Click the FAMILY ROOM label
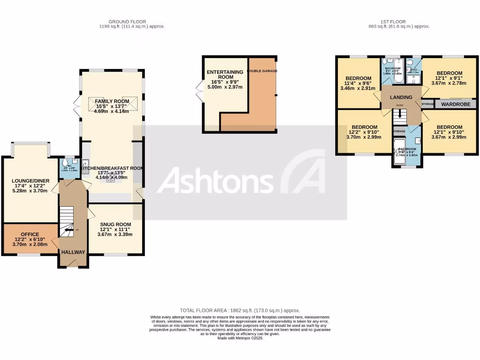click(x=112, y=101)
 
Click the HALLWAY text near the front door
click(x=73, y=252)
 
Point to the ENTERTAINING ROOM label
click(x=225, y=75)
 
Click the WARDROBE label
click(x=456, y=104)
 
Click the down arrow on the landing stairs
click(x=400, y=113)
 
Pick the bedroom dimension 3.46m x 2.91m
click(x=358, y=88)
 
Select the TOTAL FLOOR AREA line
click(x=240, y=311)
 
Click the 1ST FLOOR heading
click(x=399, y=22)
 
